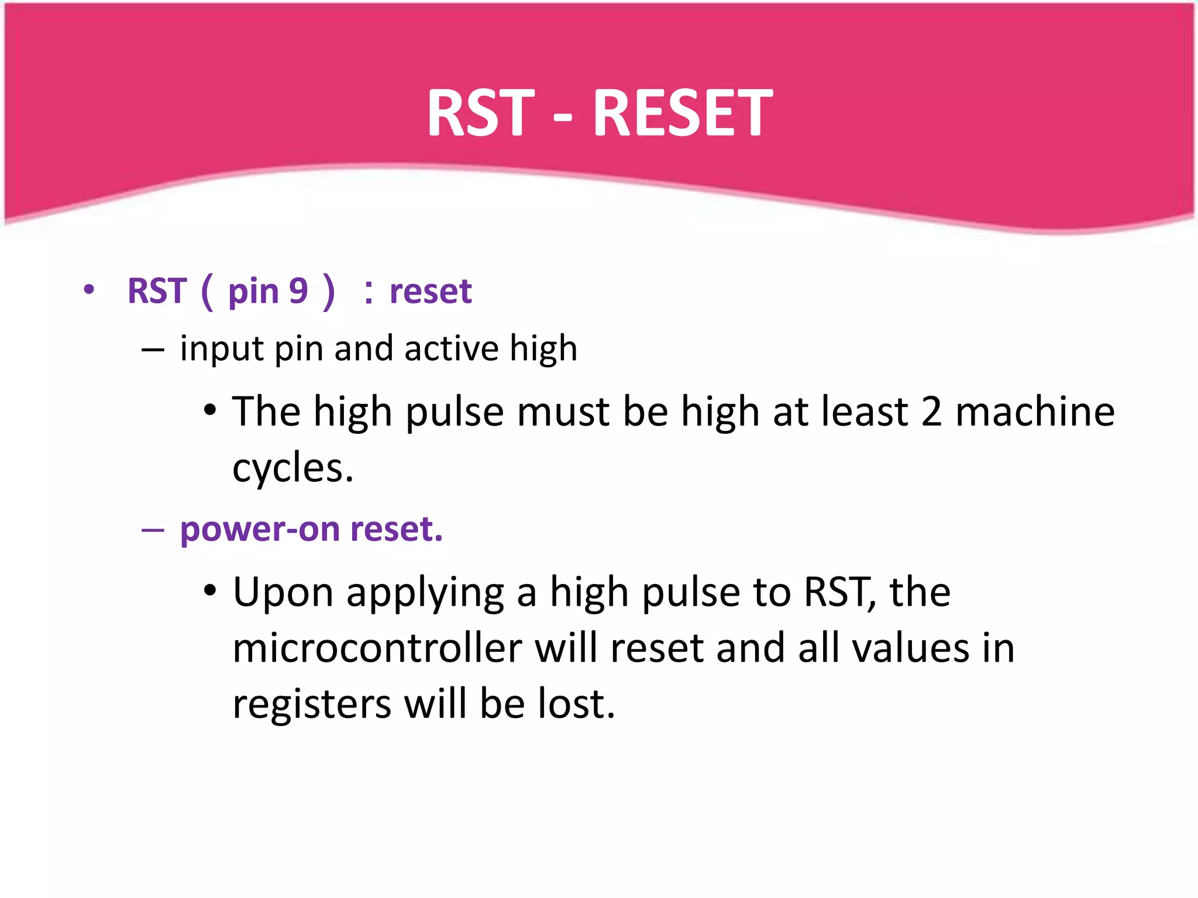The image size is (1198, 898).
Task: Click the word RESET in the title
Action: (682, 112)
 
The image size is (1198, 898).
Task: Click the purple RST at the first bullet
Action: (157, 291)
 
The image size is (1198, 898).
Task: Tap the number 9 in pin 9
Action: (298, 291)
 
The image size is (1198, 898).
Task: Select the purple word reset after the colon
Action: (431, 291)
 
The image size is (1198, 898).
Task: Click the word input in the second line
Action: (222, 349)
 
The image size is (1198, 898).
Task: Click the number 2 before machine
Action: (931, 412)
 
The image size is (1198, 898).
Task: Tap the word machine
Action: (1035, 412)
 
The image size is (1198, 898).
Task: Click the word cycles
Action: (292, 468)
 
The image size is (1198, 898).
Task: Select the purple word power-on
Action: (260, 529)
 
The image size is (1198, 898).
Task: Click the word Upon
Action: (283, 593)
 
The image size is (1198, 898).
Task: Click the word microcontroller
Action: (377, 648)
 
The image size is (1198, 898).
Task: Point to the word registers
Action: (311, 704)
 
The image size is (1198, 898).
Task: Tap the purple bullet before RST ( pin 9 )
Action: (88, 289)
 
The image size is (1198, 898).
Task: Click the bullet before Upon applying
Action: (210, 590)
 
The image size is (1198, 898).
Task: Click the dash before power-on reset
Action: (153, 529)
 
